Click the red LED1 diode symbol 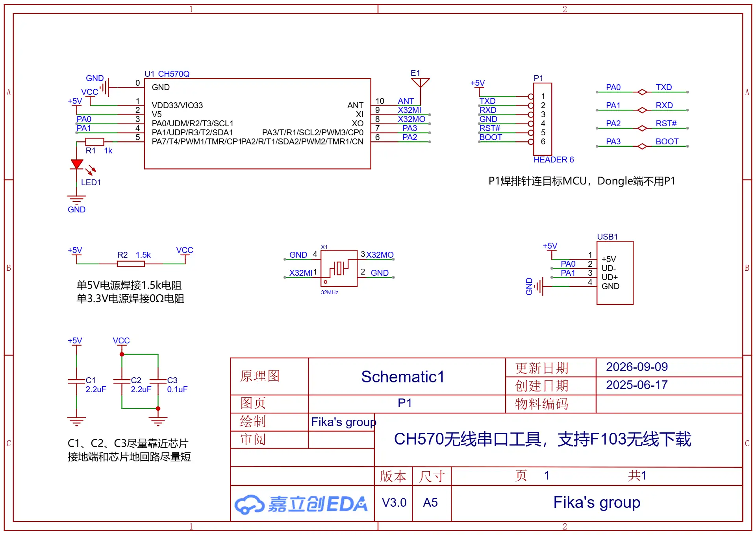coord(77,164)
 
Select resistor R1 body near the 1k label coord(94,142)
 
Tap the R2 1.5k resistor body coord(131,264)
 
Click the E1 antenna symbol coord(420,83)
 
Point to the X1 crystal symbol coord(339,268)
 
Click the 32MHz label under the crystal coord(330,292)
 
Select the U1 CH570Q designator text coord(167,74)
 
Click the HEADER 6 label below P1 coord(554,159)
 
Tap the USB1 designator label coord(607,236)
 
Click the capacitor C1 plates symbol coord(77,381)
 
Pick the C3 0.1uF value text coord(177,389)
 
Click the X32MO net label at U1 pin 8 coord(411,119)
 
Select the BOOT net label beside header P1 coord(491,137)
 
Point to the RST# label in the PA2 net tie coord(666,123)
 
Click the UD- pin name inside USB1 coord(609,268)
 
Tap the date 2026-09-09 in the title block coord(637,367)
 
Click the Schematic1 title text coord(403,376)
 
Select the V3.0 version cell coord(394,502)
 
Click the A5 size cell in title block coord(430,502)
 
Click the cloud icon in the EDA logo coord(249,504)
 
